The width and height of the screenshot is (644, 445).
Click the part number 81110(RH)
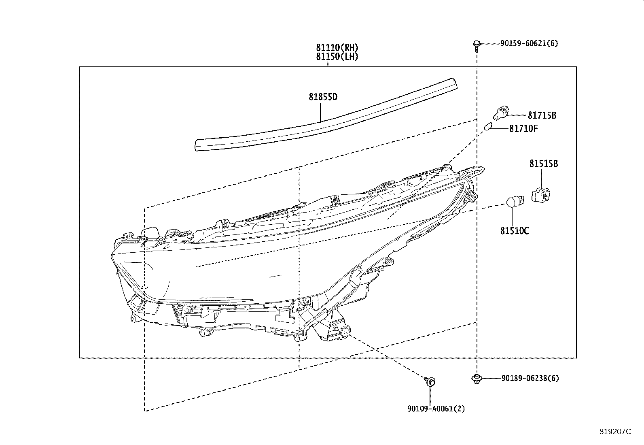tap(337, 47)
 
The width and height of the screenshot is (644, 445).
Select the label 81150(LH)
tap(337, 56)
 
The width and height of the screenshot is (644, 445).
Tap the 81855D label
tap(323, 97)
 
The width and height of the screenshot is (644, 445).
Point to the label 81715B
tap(542, 115)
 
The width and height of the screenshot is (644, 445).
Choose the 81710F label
tap(523, 128)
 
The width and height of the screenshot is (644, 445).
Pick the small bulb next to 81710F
tap(488, 127)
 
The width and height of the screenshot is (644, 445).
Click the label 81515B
tap(544, 164)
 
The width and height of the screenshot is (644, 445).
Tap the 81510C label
tap(514, 231)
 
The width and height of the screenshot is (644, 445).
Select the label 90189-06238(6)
tap(530, 378)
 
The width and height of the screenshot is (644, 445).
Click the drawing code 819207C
tap(615, 432)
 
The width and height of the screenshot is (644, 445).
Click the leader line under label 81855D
tap(320, 111)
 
